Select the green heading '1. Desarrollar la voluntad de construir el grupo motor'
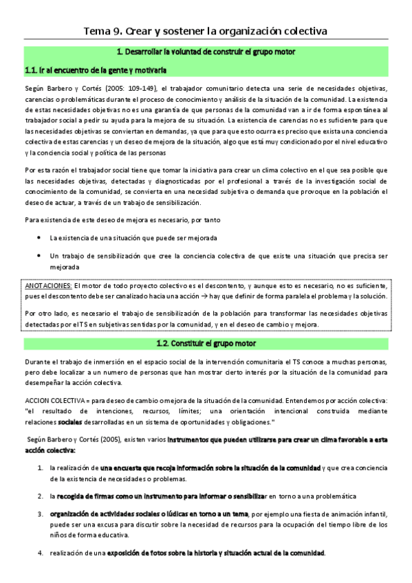click(206, 52)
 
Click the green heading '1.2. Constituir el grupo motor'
click(206, 343)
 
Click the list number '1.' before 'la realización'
click(41, 467)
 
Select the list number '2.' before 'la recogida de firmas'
click(41, 496)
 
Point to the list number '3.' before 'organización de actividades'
click(41, 514)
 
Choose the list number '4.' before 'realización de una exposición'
click(41, 553)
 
